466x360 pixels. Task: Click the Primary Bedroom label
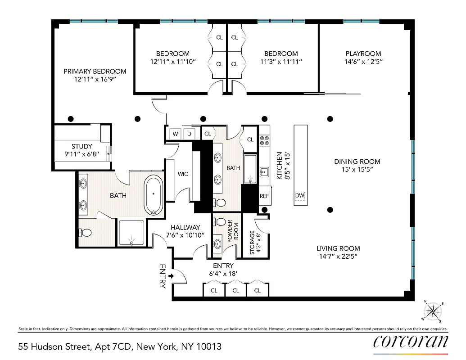coord(95,71)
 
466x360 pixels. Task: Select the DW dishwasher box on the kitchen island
coord(299,196)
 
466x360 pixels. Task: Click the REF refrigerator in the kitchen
coord(264,196)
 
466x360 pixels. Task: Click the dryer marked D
coord(190,134)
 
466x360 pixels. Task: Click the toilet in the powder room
coord(220,222)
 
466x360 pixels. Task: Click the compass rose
coord(433,310)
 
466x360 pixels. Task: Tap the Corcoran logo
coord(411,341)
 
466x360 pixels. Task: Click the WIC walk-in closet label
coord(183,174)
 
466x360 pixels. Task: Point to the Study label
coord(81,146)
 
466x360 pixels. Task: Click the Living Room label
coord(338,248)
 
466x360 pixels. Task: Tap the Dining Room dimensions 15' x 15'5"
coord(357,170)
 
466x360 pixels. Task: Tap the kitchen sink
coord(264,171)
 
